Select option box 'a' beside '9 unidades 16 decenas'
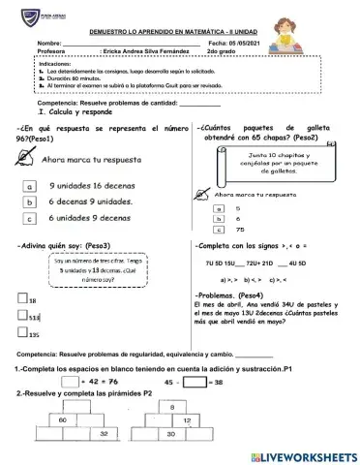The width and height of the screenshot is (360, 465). click(x=31, y=187)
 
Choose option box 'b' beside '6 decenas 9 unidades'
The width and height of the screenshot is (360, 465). click(x=31, y=202)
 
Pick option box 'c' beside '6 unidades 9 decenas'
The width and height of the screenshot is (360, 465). click(x=31, y=219)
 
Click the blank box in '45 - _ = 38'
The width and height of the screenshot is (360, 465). click(x=195, y=382)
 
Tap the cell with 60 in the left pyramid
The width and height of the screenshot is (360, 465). click(x=62, y=421)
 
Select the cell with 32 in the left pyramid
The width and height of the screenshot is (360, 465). click(x=104, y=436)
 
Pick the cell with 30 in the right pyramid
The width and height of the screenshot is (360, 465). click(x=225, y=437)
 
